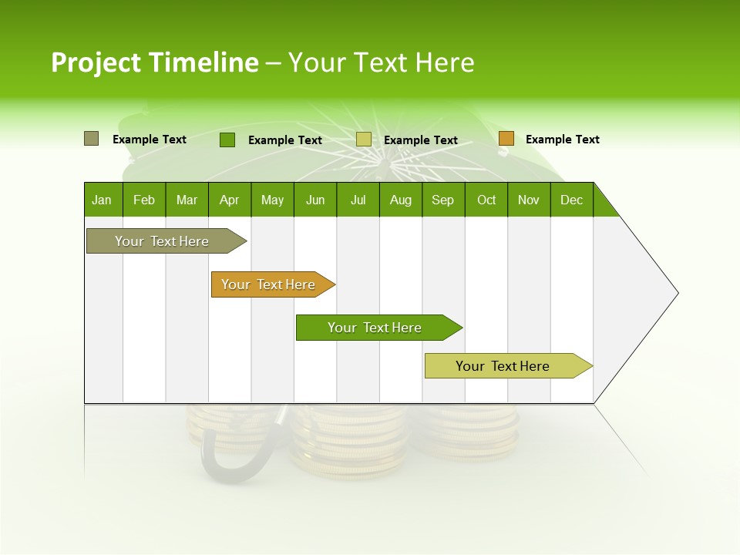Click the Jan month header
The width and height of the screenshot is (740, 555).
[102, 200]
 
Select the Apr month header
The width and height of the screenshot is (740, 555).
[229, 200]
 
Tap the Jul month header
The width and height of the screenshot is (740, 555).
[358, 200]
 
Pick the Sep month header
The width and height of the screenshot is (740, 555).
[442, 200]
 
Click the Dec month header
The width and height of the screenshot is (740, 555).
[571, 200]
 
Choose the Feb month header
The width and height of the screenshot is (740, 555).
[144, 200]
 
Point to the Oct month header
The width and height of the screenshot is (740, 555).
[486, 200]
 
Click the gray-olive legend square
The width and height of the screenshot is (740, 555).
[92, 139]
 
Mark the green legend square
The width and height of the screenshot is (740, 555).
[227, 140]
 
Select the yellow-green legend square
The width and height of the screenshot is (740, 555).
[364, 140]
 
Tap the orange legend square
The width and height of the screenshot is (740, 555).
[506, 139]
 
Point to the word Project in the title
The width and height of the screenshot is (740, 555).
[96, 63]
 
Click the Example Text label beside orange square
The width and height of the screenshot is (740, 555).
[562, 140]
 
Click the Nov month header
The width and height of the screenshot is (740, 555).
[529, 200]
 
